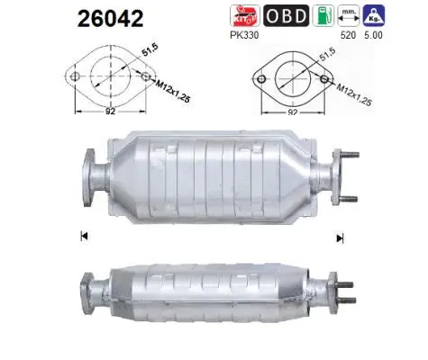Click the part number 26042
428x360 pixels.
(111, 19)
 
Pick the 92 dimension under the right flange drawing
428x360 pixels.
(294, 113)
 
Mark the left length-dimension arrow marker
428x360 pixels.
(83, 237)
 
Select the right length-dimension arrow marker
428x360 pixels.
(341, 238)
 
